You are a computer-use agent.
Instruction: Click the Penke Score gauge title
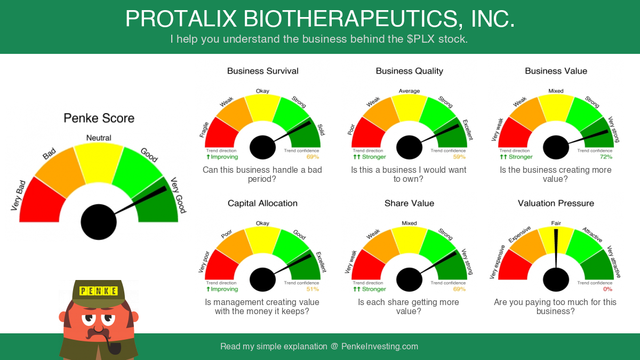tap(99, 118)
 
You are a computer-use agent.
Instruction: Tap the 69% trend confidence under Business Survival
tap(313, 157)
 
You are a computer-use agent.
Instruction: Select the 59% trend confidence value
tap(459, 157)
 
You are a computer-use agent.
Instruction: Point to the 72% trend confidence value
tap(606, 157)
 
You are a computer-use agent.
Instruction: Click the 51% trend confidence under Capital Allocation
tap(313, 289)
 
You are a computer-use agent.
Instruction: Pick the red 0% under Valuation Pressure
tap(607, 289)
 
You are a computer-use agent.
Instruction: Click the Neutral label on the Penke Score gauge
tap(99, 138)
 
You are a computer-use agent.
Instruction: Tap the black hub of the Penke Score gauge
tap(99, 222)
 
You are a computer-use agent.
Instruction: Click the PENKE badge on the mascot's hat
tap(99, 291)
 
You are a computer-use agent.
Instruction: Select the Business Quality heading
tap(410, 71)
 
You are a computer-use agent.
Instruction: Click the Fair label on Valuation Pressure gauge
tap(556, 223)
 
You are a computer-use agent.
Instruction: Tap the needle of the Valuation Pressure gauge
tap(556, 249)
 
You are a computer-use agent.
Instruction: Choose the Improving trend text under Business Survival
tap(222, 157)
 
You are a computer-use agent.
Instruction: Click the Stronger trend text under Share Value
tap(370, 289)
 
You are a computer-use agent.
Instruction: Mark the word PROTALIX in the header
tap(181, 19)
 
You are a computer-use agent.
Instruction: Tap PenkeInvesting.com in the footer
tap(380, 346)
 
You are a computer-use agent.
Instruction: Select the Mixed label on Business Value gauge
tap(556, 91)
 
